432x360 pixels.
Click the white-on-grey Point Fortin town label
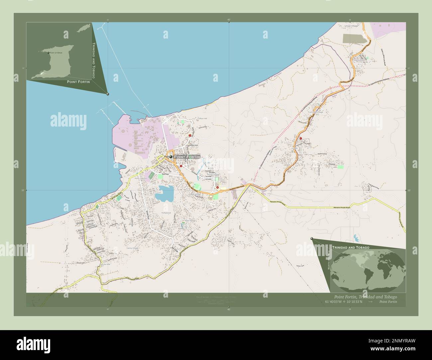click(187, 156)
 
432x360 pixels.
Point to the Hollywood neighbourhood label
click(165, 213)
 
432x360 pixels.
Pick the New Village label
click(190, 221)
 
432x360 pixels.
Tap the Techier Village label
click(213, 174)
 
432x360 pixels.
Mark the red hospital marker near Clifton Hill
click(190, 135)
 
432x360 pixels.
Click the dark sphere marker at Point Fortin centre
click(171, 157)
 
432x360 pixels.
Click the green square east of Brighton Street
click(340, 167)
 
